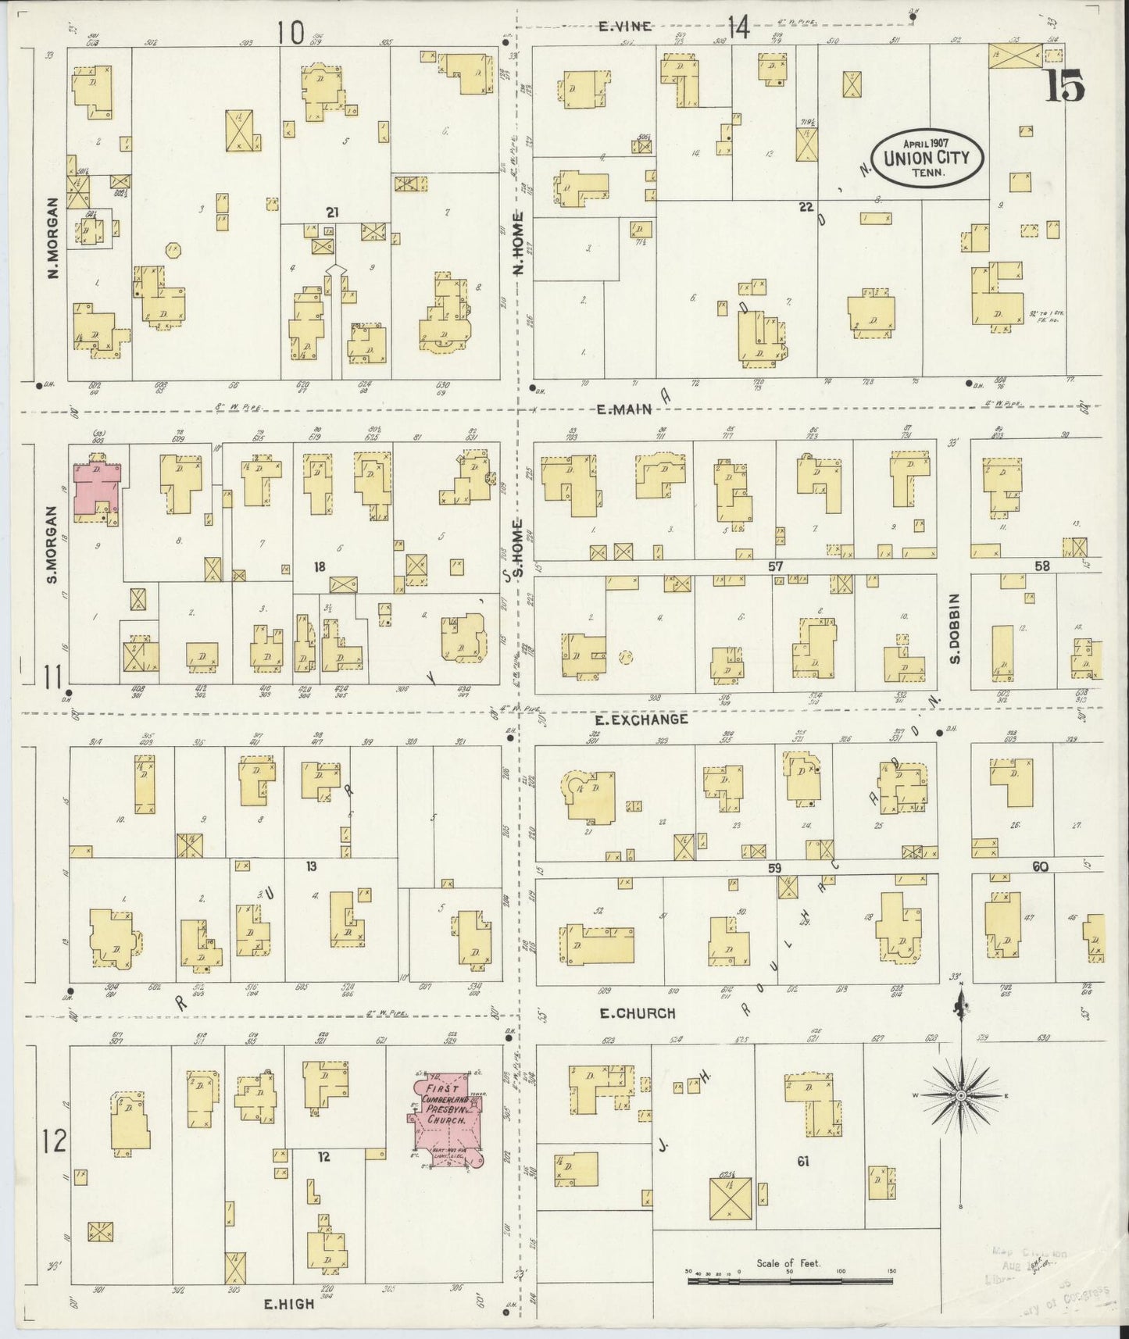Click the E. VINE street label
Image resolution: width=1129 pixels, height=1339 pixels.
pos(624,27)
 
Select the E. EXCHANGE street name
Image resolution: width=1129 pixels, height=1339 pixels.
pos(641,719)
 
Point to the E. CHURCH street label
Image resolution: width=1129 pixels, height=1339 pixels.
pos(636,1013)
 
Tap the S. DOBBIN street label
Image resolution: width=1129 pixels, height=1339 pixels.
pos(955,629)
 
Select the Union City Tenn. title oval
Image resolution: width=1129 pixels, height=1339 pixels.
pos(927,157)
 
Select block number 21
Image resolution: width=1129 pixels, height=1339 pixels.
pos(334,212)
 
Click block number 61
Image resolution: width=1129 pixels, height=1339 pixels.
pos(802,1162)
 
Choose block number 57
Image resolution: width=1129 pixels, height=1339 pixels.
pos(775,566)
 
